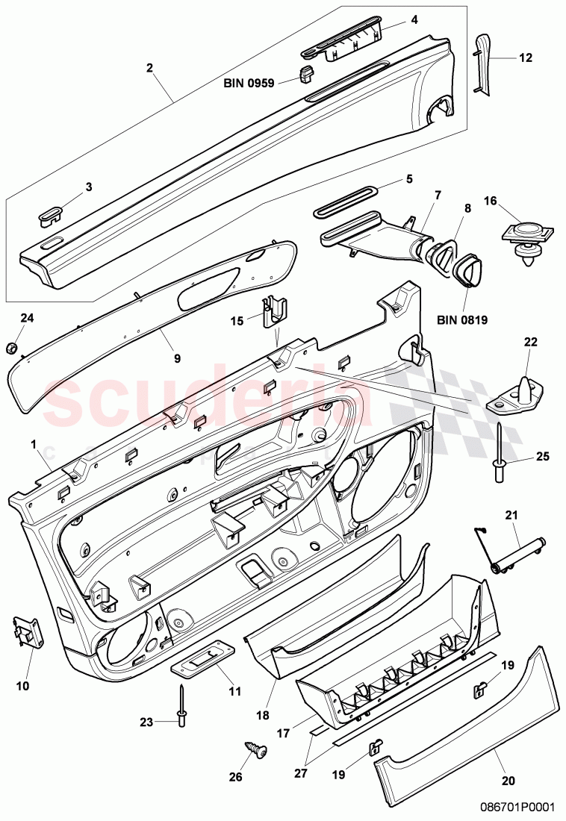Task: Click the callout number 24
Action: (x=27, y=318)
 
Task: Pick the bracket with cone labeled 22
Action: (x=516, y=393)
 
